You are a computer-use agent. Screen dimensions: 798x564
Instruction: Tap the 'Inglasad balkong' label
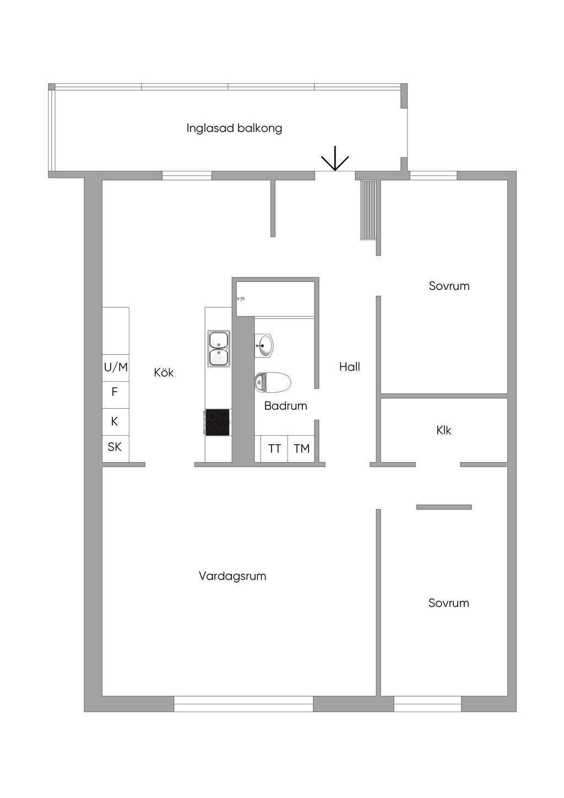coord(234,128)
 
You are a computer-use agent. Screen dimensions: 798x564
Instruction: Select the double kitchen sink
coord(219,349)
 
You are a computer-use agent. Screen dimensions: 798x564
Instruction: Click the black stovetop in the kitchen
coord(218,422)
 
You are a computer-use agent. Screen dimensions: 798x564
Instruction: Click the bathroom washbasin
coord(264,346)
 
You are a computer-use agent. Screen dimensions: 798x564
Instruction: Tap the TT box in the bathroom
coord(274,448)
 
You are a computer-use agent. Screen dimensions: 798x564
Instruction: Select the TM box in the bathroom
coord(301,448)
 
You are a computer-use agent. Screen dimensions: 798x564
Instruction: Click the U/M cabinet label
coord(116,367)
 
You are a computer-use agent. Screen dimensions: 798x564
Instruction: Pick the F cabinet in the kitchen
coord(115,392)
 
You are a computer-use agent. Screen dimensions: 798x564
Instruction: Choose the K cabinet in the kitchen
coord(115,421)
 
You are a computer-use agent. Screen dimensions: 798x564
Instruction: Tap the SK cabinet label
coord(115,447)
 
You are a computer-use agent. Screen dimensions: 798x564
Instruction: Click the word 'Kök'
coord(164,373)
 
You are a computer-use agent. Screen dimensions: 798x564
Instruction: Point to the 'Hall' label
coord(349,367)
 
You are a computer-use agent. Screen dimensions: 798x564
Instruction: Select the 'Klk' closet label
coord(443,430)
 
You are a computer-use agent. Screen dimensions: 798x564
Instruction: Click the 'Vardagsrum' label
coord(232,576)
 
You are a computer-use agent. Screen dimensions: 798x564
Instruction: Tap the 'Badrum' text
coord(285,406)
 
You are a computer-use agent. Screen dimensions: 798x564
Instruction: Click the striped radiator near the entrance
coord(368,209)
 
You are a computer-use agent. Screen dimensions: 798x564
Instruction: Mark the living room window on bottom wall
coord(243,703)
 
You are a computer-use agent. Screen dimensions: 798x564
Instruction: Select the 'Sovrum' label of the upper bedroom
coord(449,286)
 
